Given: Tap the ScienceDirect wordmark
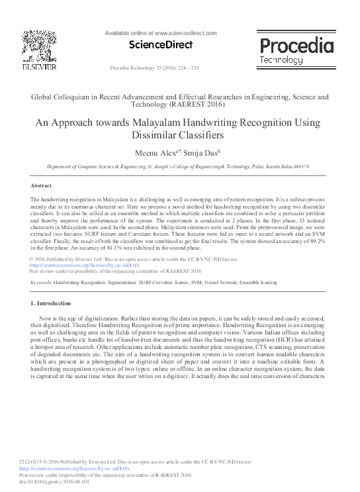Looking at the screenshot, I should pos(163,45).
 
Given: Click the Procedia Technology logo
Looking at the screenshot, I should pos(296,51).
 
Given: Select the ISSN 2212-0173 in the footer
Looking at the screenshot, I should pos(32,462).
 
